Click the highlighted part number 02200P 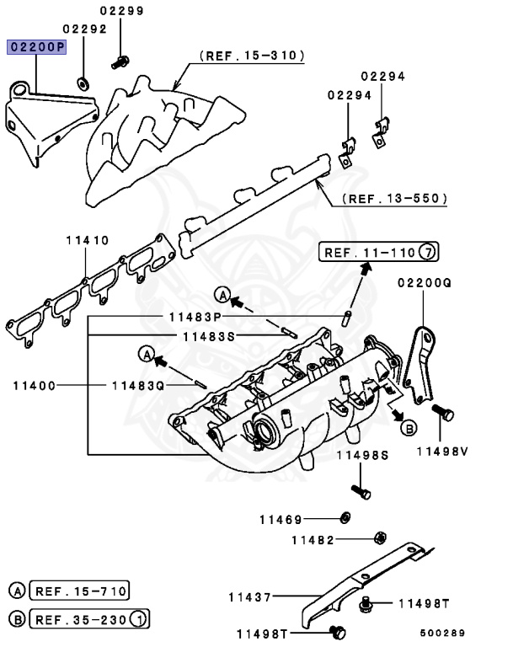click(36, 47)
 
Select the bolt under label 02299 click(120, 61)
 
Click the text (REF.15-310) click(252, 56)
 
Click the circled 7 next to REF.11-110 click(429, 251)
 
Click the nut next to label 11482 click(380, 537)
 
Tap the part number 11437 click(249, 597)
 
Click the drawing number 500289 click(442, 633)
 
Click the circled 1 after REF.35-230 click(140, 621)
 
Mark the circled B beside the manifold click(408, 428)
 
